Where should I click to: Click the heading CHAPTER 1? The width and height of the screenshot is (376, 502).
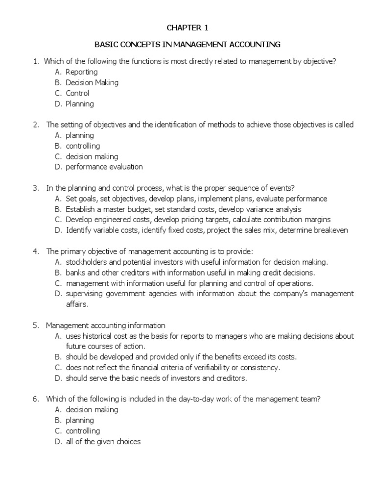click(x=188, y=28)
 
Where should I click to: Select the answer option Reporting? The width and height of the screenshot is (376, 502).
click(x=82, y=72)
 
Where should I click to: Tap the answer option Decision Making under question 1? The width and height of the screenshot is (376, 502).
click(x=92, y=83)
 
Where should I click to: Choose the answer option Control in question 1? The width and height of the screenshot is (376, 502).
click(x=77, y=93)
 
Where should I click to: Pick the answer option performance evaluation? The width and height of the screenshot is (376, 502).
click(x=104, y=167)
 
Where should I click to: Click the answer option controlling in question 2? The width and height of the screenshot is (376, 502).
click(x=83, y=146)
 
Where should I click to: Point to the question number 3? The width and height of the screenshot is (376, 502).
click(x=36, y=188)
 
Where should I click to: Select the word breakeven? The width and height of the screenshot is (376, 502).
click(x=330, y=230)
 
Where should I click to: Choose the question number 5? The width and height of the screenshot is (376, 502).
click(x=36, y=325)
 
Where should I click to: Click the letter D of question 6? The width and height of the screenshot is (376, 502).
click(x=58, y=441)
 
